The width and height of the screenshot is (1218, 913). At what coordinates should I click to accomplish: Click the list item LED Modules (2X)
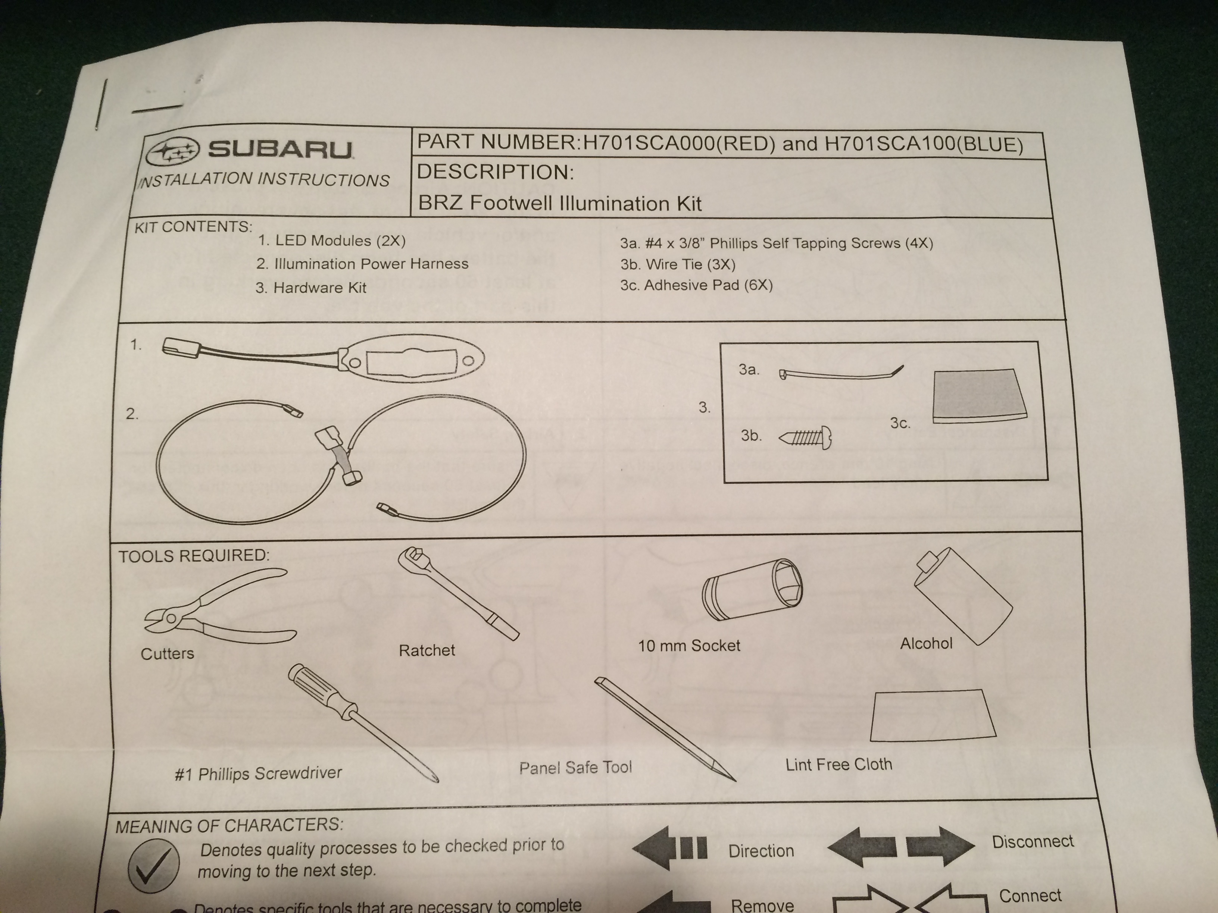coord(331,241)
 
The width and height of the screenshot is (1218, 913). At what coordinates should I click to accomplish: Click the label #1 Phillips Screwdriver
coord(258,773)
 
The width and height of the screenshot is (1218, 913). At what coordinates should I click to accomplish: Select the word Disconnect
coord(1033,841)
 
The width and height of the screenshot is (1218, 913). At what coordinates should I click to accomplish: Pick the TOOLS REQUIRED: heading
coord(194,555)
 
